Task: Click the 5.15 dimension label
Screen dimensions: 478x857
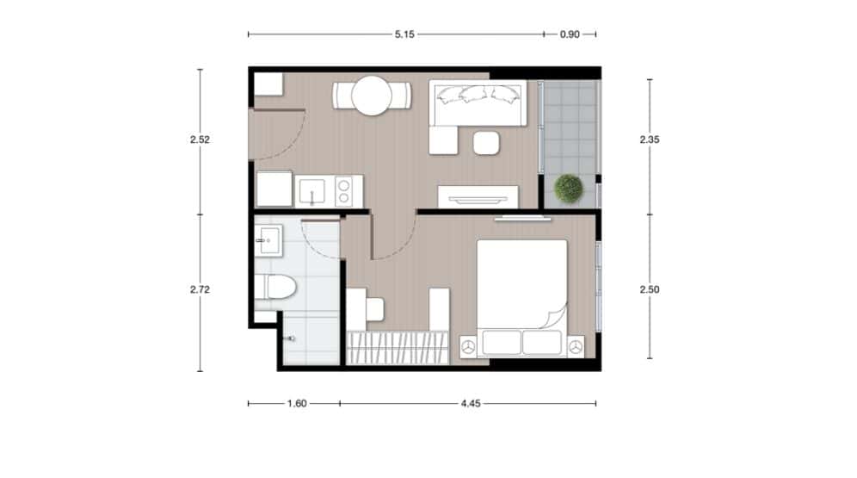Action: [x=404, y=34]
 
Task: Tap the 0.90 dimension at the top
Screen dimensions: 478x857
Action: [x=570, y=34]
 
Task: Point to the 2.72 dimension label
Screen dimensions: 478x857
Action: [x=200, y=290]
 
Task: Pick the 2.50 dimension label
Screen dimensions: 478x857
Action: [x=650, y=290]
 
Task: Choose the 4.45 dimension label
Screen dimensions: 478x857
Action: [x=469, y=402]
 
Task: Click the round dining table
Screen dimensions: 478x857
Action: [x=372, y=96]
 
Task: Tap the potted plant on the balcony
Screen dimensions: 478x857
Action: [x=569, y=188]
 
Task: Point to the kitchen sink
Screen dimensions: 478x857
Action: [x=311, y=190]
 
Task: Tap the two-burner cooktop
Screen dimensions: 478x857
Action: [x=346, y=190]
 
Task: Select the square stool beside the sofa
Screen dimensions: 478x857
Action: [x=488, y=142]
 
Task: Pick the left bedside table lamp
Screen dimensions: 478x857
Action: [x=468, y=346]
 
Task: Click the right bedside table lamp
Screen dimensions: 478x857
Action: [x=575, y=346]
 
